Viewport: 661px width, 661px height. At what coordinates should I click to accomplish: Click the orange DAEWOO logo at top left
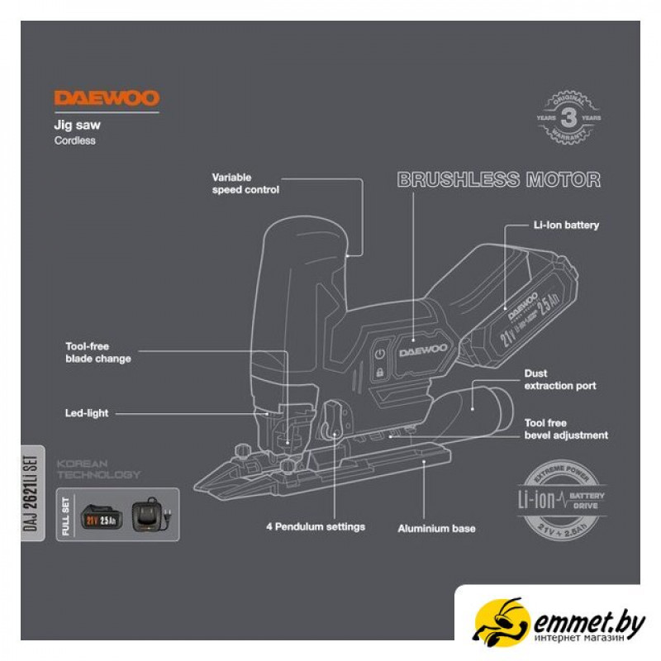click(x=107, y=98)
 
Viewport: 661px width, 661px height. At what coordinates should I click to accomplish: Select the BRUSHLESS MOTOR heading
click(x=499, y=180)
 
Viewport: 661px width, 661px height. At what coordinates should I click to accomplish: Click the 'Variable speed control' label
click(x=245, y=183)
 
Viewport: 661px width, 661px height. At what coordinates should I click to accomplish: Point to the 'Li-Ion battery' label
click(x=566, y=225)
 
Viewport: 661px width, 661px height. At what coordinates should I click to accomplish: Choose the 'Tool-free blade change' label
click(x=98, y=353)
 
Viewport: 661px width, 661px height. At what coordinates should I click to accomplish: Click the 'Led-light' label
click(x=87, y=412)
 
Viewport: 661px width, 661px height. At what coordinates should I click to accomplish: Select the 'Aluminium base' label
click(x=436, y=528)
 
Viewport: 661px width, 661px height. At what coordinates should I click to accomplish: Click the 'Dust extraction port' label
click(x=560, y=380)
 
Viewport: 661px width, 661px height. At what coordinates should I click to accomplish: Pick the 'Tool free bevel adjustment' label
click(x=566, y=429)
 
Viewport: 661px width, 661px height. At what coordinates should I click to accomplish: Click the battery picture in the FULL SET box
click(x=102, y=518)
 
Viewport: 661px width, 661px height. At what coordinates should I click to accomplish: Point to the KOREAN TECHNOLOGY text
click(x=98, y=469)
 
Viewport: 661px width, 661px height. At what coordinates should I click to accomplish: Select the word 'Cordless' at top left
click(x=74, y=140)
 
